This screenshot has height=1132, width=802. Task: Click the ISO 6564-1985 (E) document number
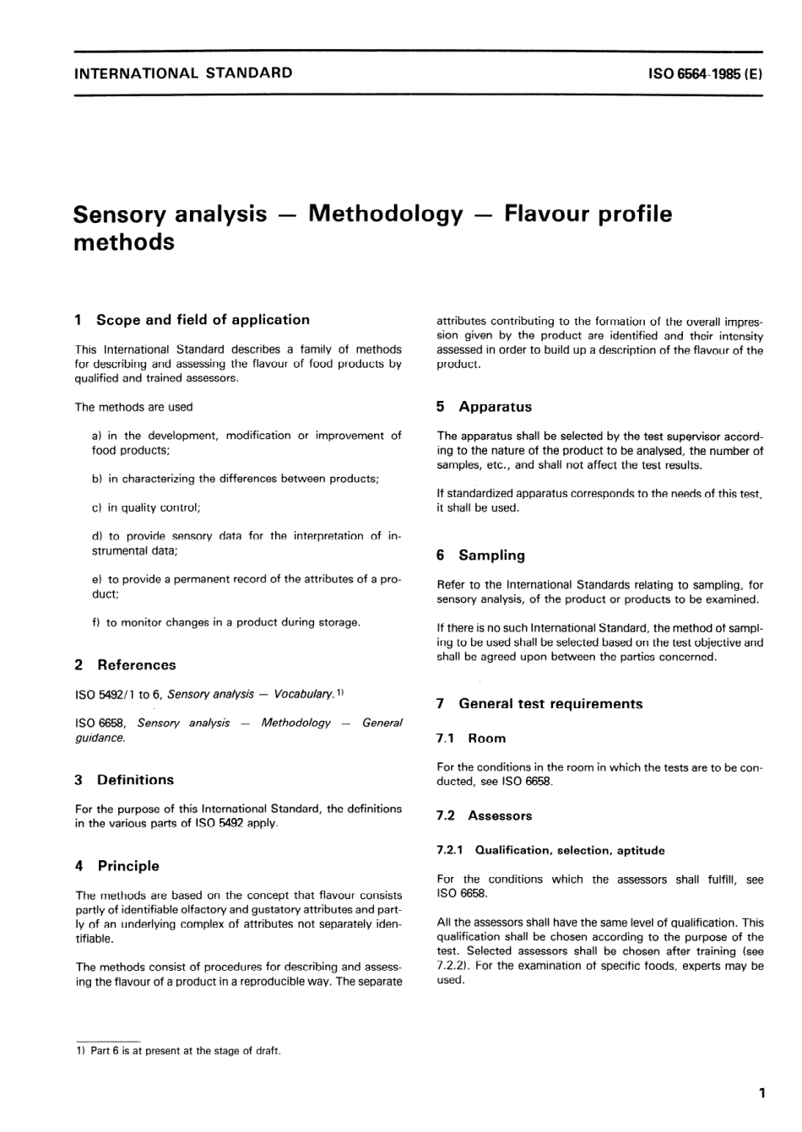pyautogui.click(x=705, y=73)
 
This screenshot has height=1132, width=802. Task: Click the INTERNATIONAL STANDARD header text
pyautogui.click(x=183, y=73)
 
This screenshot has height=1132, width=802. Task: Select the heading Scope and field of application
pyautogui.click(x=202, y=320)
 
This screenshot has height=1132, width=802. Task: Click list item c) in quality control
pyautogui.click(x=145, y=507)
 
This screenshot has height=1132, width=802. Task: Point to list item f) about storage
pyautogui.click(x=225, y=622)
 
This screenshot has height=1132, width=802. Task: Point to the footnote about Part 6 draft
pyautogui.click(x=178, y=1051)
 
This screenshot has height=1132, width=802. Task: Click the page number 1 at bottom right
pyautogui.click(x=761, y=1094)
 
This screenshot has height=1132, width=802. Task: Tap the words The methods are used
pyautogui.click(x=133, y=407)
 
